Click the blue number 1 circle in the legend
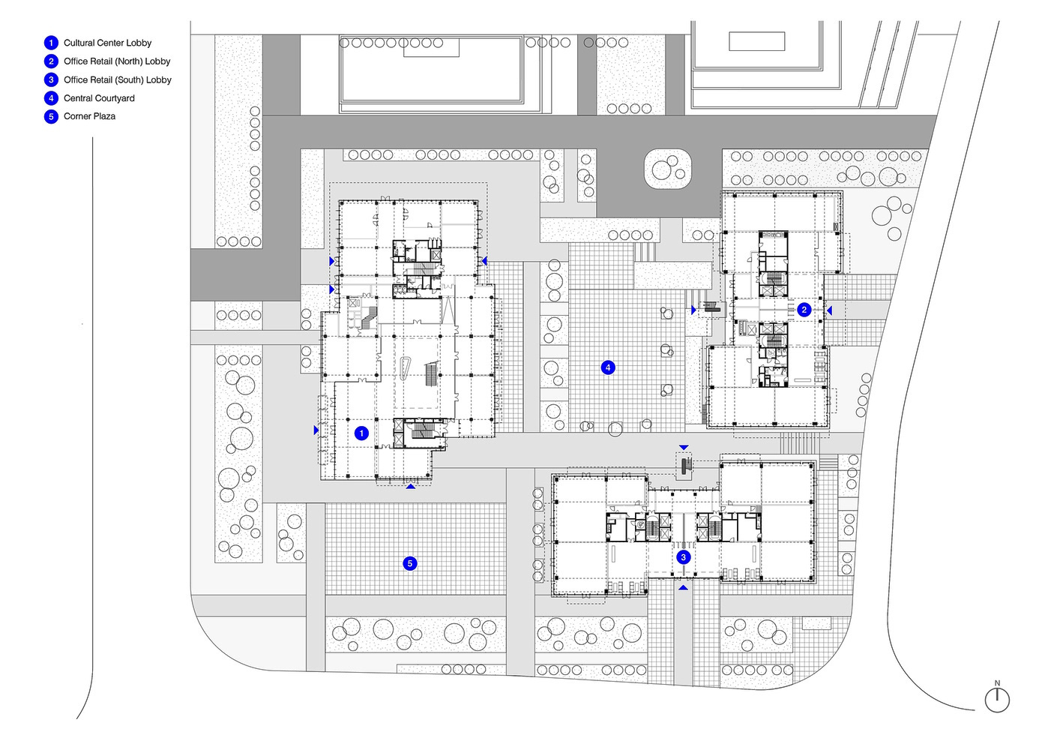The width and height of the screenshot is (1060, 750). click(51, 43)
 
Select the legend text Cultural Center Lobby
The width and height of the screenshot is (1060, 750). click(107, 43)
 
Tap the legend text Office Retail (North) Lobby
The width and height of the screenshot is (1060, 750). click(117, 61)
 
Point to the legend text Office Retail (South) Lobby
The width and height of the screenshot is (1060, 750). click(118, 80)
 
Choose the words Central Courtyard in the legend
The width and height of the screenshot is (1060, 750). click(99, 98)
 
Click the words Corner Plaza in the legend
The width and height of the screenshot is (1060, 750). click(89, 116)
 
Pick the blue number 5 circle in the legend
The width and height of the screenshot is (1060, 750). click(51, 116)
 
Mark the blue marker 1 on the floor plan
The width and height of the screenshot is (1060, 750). click(361, 433)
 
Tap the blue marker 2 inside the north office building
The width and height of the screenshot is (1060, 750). click(804, 310)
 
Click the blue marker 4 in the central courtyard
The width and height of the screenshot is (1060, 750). click(608, 367)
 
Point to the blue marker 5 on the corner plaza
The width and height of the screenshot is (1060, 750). click(410, 563)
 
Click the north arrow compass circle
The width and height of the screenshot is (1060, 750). click(997, 700)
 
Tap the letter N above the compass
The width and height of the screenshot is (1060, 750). click(997, 683)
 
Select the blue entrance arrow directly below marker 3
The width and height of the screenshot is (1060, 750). click(684, 587)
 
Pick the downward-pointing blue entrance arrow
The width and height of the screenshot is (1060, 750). click(684, 448)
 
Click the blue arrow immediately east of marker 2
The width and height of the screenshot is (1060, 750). click(829, 310)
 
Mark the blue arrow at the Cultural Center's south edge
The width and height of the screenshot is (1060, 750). click(411, 486)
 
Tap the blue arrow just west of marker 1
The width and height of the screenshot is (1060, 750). click(316, 430)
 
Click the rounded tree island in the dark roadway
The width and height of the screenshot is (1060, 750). click(668, 169)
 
